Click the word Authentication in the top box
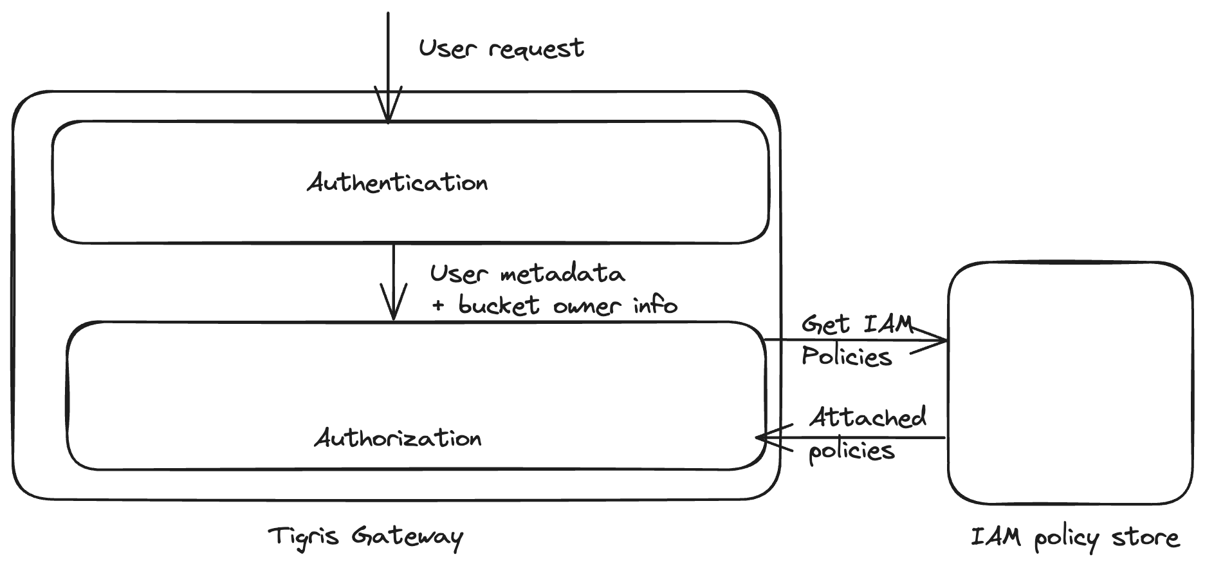pyautogui.click(x=398, y=183)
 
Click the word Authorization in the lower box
pyautogui.click(x=398, y=438)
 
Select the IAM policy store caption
pyautogui.click(x=1074, y=538)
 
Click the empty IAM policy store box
pyautogui.click(x=1070, y=382)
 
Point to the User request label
pyautogui.click(x=501, y=48)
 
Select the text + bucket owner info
pyautogui.click(x=555, y=305)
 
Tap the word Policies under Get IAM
pyautogui.click(x=847, y=356)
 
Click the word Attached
pyautogui.click(x=867, y=417)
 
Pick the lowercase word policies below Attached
pyautogui.click(x=851, y=450)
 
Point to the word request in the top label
pyautogui.click(x=537, y=50)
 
